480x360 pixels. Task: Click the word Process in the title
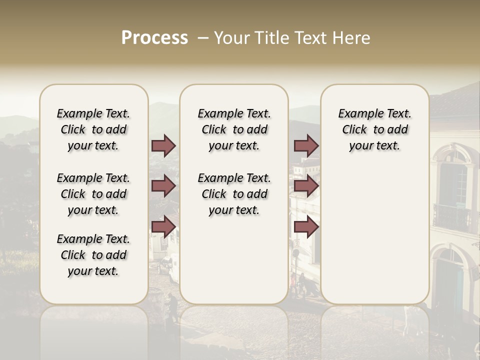pos(154,37)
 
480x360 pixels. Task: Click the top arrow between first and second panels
pos(163,145)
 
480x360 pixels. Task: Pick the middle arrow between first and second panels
pos(163,186)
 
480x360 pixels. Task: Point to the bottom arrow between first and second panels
pos(163,227)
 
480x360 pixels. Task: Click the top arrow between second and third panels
pos(306,145)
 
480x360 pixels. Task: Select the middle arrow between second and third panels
pos(306,186)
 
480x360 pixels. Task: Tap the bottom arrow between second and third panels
pos(306,227)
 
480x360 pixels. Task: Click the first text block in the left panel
pos(93,129)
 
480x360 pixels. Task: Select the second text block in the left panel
pos(93,194)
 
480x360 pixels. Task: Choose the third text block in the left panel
pos(93,255)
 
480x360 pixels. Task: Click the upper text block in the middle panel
pos(234,129)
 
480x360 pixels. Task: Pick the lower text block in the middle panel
pos(234,194)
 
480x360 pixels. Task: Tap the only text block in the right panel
pos(374,129)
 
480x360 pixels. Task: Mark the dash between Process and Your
pos(203,38)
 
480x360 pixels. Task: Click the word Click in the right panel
pos(354,130)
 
